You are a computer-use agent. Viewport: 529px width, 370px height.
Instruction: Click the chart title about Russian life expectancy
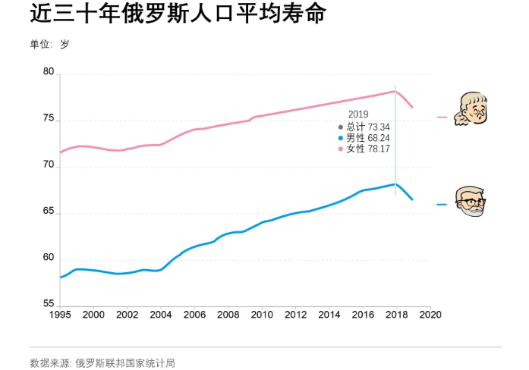pyautogui.click(x=168, y=15)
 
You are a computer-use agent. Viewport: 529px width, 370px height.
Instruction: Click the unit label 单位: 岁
pyautogui.click(x=49, y=44)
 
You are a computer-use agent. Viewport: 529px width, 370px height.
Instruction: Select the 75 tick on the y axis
pyautogui.click(x=49, y=119)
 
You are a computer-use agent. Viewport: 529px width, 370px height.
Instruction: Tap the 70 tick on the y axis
pyautogui.click(x=49, y=165)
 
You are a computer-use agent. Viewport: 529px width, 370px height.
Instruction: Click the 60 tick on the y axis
pyautogui.click(x=49, y=258)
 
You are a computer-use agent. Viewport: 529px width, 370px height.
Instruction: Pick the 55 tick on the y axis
pyautogui.click(x=49, y=304)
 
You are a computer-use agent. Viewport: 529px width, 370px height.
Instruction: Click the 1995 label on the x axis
pyautogui.click(x=60, y=315)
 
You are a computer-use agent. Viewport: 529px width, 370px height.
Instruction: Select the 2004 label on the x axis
pyautogui.click(x=161, y=315)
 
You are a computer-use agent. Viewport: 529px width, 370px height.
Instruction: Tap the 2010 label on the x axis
pyautogui.click(x=262, y=315)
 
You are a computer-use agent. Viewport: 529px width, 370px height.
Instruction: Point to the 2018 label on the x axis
pyautogui.click(x=396, y=315)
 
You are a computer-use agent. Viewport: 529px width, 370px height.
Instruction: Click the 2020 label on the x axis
pyautogui.click(x=430, y=315)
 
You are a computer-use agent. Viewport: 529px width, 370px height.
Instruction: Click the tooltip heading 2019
pyautogui.click(x=357, y=114)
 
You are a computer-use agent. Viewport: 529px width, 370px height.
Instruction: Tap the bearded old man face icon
pyautogui.click(x=471, y=201)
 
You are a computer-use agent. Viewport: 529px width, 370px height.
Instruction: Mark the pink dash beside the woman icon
pyautogui.click(x=442, y=118)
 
